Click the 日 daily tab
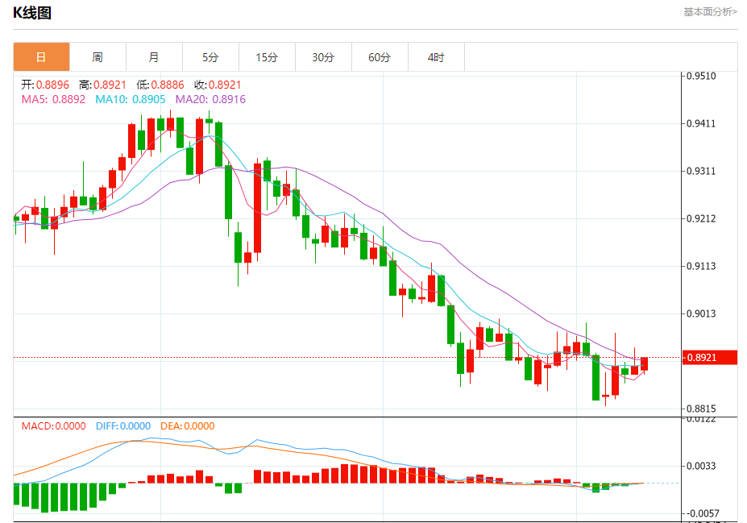pyautogui.click(x=41, y=57)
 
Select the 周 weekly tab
pyautogui.click(x=98, y=57)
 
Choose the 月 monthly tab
pyautogui.click(x=154, y=57)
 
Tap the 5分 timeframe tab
pyautogui.click(x=210, y=57)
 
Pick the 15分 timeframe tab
pyautogui.click(x=267, y=57)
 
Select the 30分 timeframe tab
pyautogui.click(x=323, y=57)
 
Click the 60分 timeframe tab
pyautogui.click(x=380, y=57)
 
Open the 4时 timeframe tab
pyautogui.click(x=436, y=57)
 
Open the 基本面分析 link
pyautogui.click(x=710, y=12)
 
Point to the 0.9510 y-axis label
pyautogui.click(x=701, y=77)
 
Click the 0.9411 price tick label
pyautogui.click(x=701, y=124)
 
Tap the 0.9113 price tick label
pyautogui.click(x=701, y=267)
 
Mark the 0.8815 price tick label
pyautogui.click(x=701, y=409)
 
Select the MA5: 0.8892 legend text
pyautogui.click(x=53, y=99)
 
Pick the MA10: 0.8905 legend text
pyautogui.click(x=131, y=99)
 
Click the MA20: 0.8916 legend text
pyautogui.click(x=210, y=99)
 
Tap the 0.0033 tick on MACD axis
pyautogui.click(x=701, y=467)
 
